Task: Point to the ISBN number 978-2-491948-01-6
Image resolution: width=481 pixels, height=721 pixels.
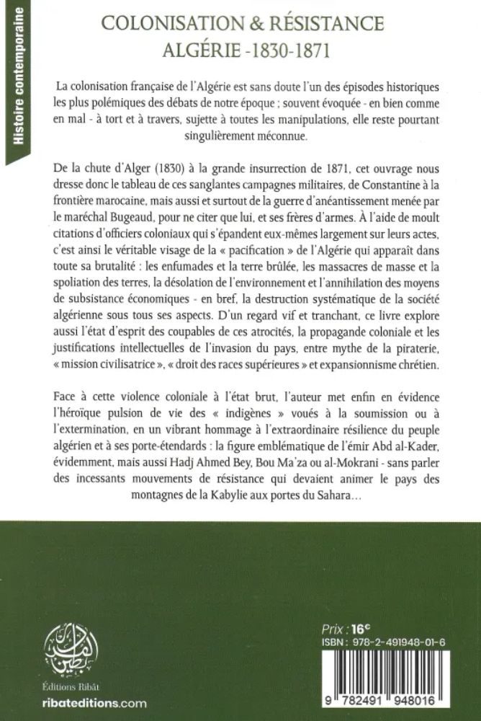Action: [x=403, y=642]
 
